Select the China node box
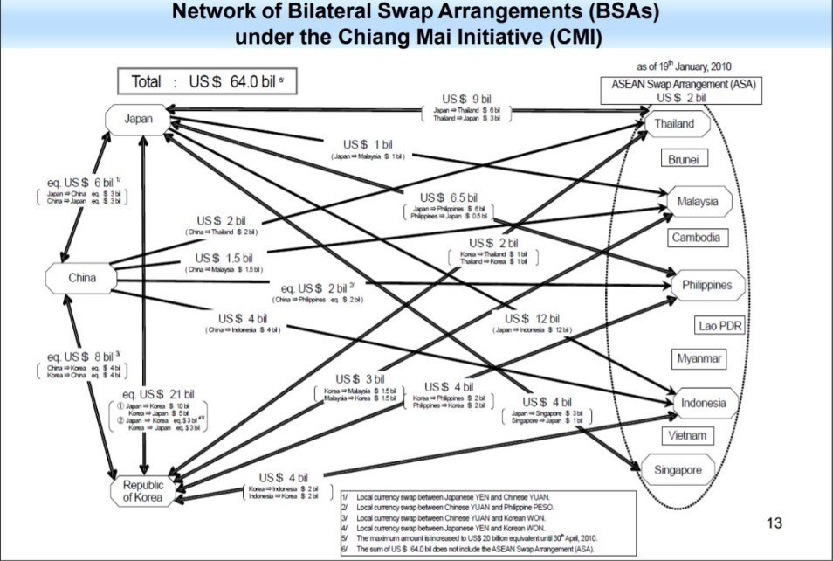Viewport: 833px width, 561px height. click(81, 279)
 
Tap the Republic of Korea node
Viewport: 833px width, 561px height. click(142, 491)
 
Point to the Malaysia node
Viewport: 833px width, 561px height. click(697, 202)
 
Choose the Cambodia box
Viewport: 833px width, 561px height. click(696, 238)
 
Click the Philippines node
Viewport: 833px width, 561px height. click(706, 285)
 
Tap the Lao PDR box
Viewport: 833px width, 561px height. click(719, 326)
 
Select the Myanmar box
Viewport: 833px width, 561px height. click(699, 358)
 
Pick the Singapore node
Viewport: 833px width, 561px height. click(678, 470)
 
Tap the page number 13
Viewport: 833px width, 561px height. click(774, 523)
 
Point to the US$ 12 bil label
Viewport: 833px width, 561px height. click(532, 318)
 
